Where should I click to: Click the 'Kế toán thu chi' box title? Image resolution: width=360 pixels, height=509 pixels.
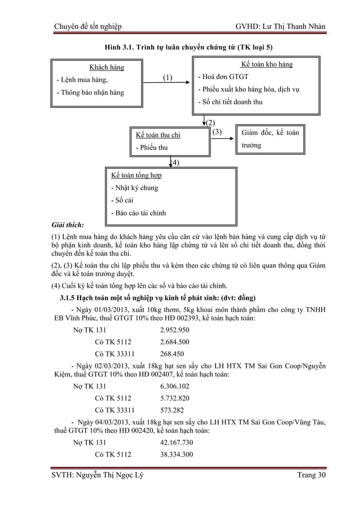(158, 135)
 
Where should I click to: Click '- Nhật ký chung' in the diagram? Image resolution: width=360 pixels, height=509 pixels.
(134, 188)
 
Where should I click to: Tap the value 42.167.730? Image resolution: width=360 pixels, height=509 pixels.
(177, 442)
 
